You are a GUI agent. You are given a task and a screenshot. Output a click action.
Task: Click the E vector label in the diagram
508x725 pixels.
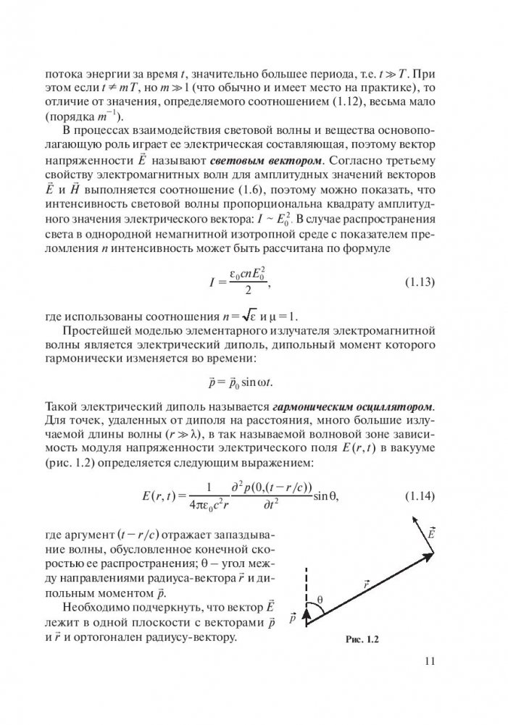[430, 534]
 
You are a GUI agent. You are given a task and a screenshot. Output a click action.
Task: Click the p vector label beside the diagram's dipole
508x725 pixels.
[293, 618]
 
